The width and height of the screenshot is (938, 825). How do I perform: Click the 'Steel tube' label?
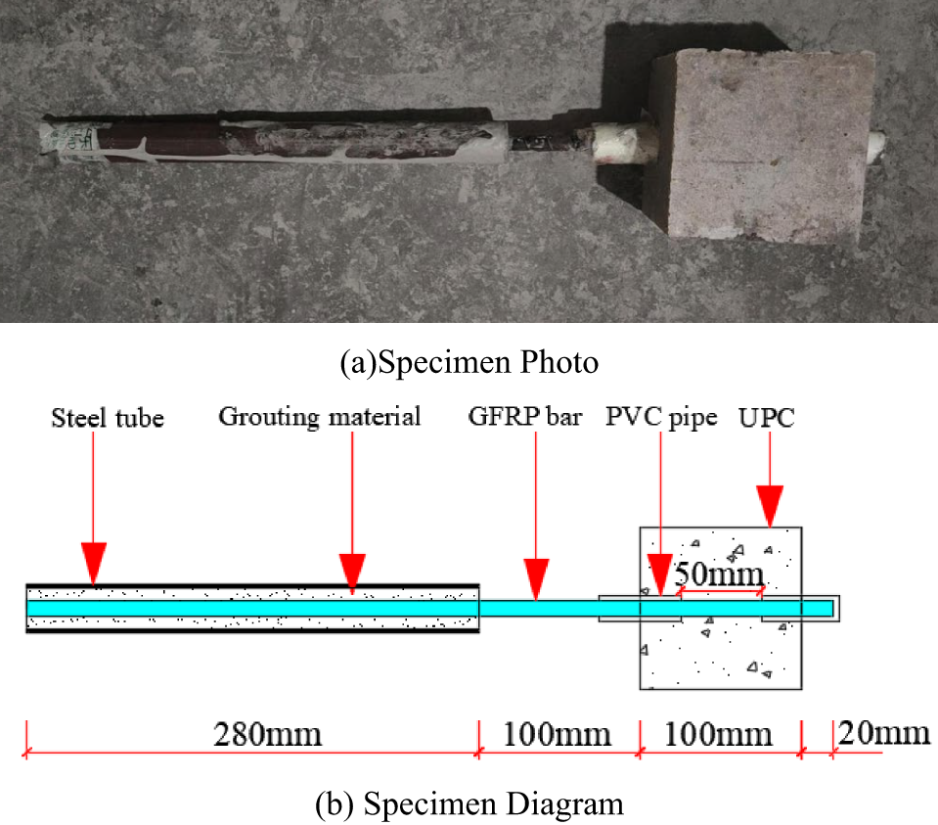pos(108,418)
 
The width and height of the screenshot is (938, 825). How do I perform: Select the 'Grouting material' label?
pos(319,417)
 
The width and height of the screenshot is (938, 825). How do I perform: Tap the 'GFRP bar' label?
pos(525,418)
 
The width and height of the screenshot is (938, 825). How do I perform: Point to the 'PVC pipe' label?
pos(660,418)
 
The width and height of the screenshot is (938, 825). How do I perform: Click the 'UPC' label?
pos(768,418)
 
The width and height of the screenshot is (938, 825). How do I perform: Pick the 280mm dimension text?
pos(268,734)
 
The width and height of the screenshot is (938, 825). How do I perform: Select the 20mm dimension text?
pos(884,733)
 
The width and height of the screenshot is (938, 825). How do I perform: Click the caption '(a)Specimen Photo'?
pos(469,363)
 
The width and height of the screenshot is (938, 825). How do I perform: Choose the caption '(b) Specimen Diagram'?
pos(469,804)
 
